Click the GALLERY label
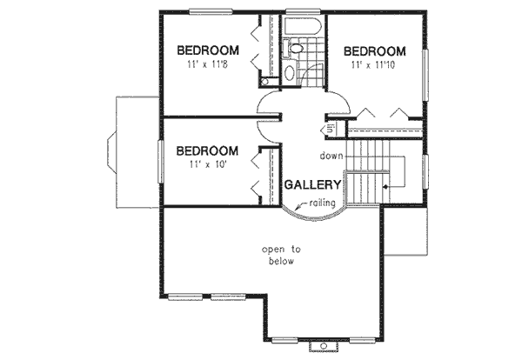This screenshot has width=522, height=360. (312, 185)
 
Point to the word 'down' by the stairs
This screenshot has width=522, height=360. (331, 157)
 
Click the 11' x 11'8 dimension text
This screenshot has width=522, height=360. (206, 65)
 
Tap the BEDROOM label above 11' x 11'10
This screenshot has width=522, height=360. (374, 50)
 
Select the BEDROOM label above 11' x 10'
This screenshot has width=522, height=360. (206, 150)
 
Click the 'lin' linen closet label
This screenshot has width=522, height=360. (331, 130)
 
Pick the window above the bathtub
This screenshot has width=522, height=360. (304, 10)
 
